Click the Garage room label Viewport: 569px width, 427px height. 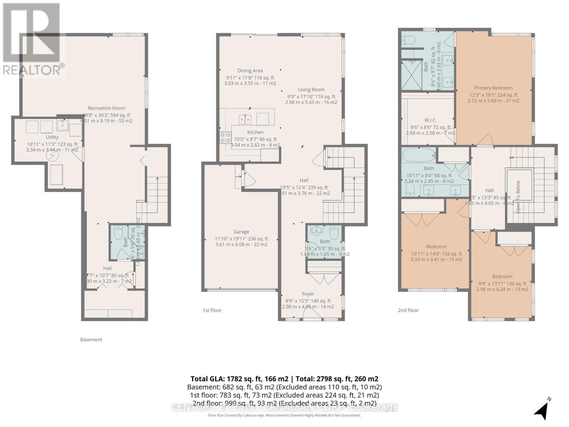[241, 232]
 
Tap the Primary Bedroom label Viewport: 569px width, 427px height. [493, 88]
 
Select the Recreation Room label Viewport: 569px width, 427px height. [106, 108]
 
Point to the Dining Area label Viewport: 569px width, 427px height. [250, 71]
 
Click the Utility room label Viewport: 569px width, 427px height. [52, 137]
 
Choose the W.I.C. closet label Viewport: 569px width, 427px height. [430, 120]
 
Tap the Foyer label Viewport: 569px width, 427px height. [308, 294]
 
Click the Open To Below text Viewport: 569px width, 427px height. [518, 197]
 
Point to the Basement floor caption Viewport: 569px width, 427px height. [91, 339]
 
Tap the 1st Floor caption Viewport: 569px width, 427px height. [212, 310]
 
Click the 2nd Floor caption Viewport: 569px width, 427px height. [408, 310]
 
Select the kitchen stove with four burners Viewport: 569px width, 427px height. [225, 138]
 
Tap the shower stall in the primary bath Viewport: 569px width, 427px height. [411, 75]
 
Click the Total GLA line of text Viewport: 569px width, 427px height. [284, 379]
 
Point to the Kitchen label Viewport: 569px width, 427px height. [255, 132]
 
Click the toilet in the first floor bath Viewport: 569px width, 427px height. [334, 232]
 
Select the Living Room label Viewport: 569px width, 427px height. [311, 90]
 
